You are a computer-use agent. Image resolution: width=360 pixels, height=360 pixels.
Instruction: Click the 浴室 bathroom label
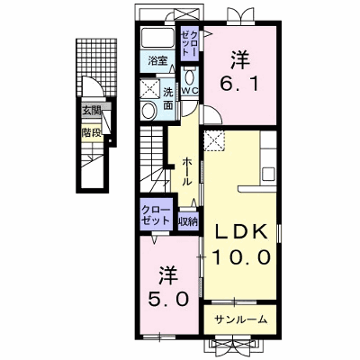(x=157, y=61)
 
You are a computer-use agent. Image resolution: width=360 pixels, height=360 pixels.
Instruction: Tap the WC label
(x=190, y=91)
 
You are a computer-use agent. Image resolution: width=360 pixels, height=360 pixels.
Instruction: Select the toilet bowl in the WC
(x=190, y=76)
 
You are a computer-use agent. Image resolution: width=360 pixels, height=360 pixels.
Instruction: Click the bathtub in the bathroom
(x=157, y=38)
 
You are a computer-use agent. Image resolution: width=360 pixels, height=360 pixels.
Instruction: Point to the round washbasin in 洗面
(x=148, y=111)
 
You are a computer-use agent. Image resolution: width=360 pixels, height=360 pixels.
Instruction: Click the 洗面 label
(x=168, y=98)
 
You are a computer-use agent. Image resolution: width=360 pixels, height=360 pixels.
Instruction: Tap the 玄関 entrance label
(x=91, y=111)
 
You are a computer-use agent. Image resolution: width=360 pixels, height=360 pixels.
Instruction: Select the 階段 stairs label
(x=91, y=132)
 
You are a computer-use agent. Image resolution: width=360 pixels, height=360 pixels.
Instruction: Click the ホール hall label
(x=186, y=172)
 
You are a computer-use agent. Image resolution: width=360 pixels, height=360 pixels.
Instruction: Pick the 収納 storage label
(x=188, y=221)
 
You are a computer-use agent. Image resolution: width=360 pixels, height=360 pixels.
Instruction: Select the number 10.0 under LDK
(x=242, y=257)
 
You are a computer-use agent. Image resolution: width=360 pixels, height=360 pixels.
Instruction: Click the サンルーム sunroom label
(x=240, y=319)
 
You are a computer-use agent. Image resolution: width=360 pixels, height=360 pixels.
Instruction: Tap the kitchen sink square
(x=268, y=174)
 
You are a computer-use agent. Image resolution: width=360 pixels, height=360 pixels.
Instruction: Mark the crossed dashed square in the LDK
(x=213, y=140)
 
